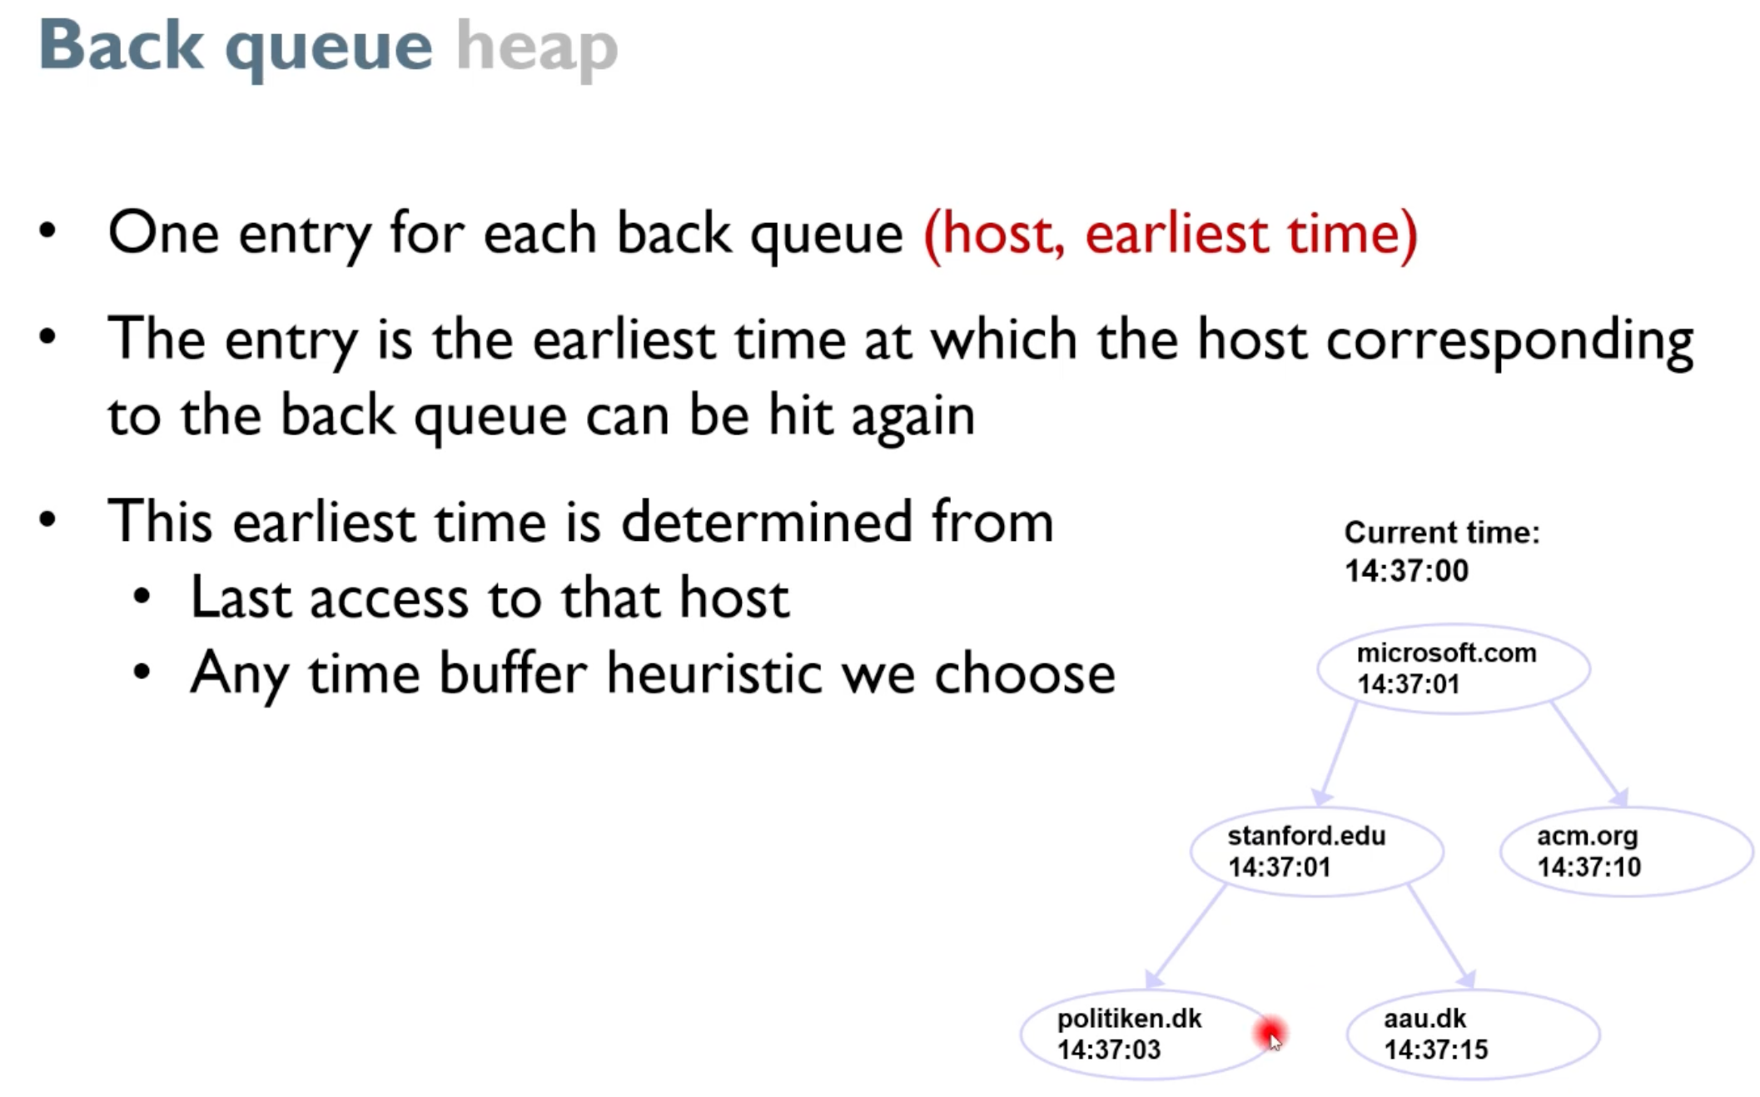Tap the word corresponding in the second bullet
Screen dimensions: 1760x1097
pyautogui.click(x=1509, y=341)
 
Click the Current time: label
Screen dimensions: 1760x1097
pyautogui.click(x=1442, y=532)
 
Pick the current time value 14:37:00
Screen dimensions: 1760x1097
pyautogui.click(x=1406, y=571)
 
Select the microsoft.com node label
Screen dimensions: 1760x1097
pyautogui.click(x=1446, y=653)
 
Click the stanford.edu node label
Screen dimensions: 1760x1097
pyautogui.click(x=1306, y=835)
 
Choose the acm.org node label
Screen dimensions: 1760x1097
pyautogui.click(x=1587, y=836)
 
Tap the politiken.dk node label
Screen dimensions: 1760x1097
pyautogui.click(x=1129, y=1018)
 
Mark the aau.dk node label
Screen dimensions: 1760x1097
pyautogui.click(x=1424, y=1018)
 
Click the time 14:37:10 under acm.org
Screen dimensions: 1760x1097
pyautogui.click(x=1588, y=867)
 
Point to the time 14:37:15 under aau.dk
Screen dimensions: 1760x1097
pyautogui.click(x=1435, y=1050)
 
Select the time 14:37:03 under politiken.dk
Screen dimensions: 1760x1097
pyautogui.click(x=1109, y=1050)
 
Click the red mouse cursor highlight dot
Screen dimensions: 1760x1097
pyautogui.click(x=1270, y=1034)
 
